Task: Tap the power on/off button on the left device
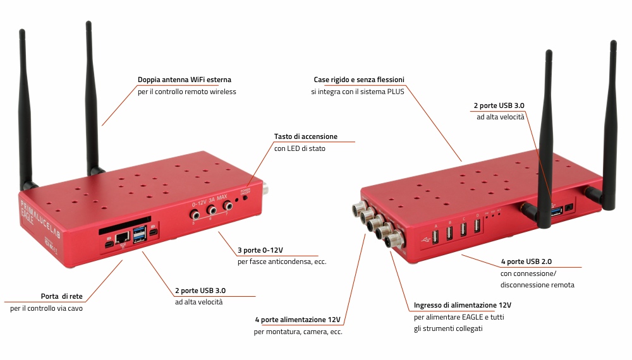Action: [245, 198]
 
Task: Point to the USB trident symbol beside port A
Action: [423, 240]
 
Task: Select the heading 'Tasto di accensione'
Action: [305, 136]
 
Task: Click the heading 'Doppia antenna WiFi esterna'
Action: [185, 80]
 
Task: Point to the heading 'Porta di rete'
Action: [62, 296]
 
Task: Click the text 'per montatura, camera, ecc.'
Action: [299, 331]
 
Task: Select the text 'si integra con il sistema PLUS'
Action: [358, 92]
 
